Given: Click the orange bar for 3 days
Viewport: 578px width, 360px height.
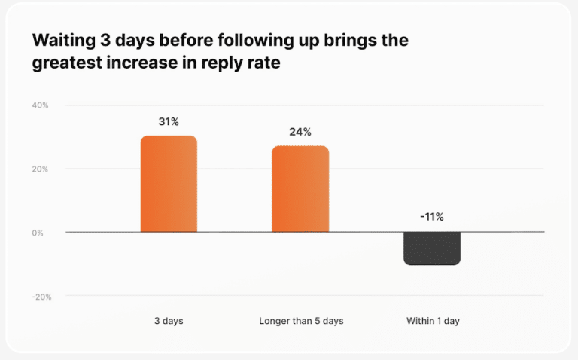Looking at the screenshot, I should point(169,184).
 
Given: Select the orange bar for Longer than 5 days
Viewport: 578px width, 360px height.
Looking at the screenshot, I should point(300,189).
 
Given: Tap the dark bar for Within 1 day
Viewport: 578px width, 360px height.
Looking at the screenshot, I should point(432,248).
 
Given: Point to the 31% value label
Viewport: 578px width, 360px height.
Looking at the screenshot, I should point(169,121).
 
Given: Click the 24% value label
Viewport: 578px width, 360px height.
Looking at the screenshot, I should point(300,132).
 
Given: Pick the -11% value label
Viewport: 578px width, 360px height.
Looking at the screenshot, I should point(432,217).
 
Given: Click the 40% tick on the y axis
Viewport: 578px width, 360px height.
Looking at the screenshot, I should point(40,105).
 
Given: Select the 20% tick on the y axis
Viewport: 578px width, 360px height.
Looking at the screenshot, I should point(40,169).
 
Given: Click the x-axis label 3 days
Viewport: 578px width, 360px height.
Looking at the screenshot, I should point(169,321).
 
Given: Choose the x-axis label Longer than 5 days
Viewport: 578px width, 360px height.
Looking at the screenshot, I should point(301,321).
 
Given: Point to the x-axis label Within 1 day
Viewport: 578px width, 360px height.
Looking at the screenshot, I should point(432,321).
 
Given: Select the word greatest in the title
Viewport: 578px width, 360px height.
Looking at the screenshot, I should point(65,64).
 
